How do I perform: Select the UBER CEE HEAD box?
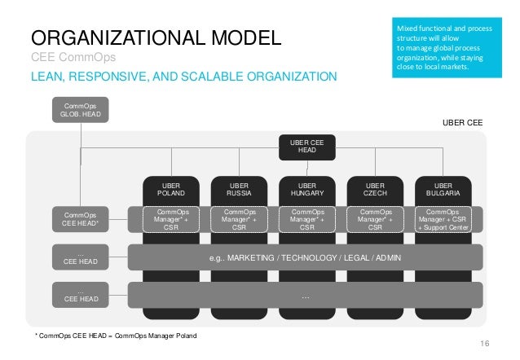(306, 146)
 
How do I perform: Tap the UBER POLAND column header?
(170, 189)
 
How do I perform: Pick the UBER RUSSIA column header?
(239, 189)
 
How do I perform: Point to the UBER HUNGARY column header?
(306, 189)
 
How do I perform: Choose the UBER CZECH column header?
(375, 189)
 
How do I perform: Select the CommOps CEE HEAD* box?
(82, 219)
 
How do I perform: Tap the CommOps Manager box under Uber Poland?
(170, 219)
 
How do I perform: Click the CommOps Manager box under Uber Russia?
(239, 219)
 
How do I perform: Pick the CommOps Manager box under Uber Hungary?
(306, 219)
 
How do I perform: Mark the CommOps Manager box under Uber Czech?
(375, 219)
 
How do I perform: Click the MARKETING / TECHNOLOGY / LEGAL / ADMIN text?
(306, 258)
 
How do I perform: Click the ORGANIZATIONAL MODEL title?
(156, 37)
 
